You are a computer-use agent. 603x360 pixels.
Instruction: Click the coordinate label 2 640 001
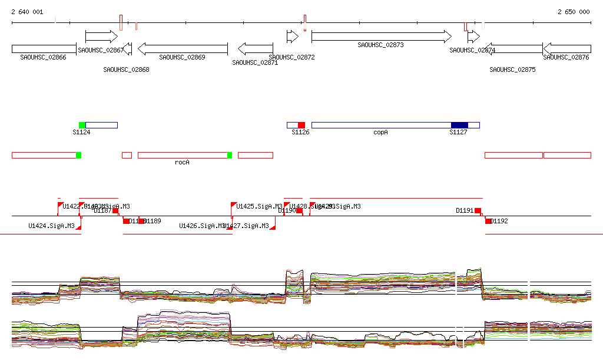[27, 12]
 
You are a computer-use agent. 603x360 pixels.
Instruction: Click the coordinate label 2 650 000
[573, 12]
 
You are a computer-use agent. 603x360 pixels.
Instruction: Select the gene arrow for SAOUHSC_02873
[381, 37]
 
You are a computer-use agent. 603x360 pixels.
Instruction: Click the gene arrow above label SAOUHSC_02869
[183, 49]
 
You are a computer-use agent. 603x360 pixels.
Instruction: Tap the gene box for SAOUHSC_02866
[44, 49]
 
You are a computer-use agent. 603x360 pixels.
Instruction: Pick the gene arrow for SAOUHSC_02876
[567, 49]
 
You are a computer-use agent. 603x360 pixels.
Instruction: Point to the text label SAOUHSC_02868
[126, 70]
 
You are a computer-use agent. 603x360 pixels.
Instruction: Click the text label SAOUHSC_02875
[512, 70]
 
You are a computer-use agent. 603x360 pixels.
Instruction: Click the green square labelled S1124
[82, 125]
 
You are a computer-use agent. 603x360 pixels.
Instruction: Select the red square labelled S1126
[301, 125]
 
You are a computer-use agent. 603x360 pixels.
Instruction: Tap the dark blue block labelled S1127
[459, 125]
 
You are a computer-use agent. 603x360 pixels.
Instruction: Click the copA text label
[381, 133]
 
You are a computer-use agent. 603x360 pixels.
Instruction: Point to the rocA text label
[182, 162]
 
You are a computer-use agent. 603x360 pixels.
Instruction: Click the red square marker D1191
[478, 210]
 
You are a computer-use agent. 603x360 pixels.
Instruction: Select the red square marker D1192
[488, 221]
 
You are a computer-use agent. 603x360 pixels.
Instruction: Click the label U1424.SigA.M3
[51, 226]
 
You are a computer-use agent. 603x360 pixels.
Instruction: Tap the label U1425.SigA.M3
[259, 206]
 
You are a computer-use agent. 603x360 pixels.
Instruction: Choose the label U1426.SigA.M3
[202, 226]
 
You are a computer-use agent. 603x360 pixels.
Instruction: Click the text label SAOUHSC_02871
[254, 62]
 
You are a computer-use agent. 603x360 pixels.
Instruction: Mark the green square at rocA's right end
[230, 155]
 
